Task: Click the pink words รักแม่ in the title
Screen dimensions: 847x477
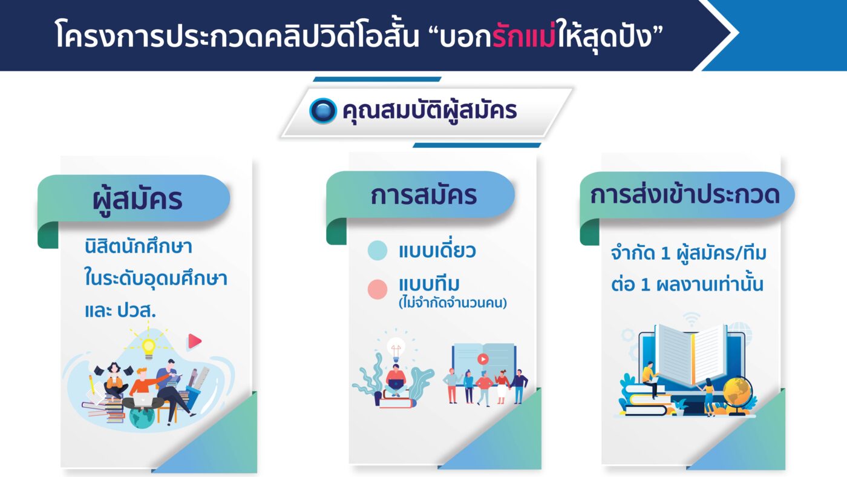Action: tap(524, 36)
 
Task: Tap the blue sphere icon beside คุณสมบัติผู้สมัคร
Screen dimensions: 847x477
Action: tap(322, 111)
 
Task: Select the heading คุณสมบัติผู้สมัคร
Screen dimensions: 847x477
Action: tap(430, 111)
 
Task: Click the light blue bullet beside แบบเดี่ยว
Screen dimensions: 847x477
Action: tap(378, 251)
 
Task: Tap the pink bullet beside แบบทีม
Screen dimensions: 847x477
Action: tap(378, 289)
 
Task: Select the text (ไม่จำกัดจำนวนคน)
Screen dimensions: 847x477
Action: tap(453, 303)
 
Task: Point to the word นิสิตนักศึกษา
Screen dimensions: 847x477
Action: tap(139, 246)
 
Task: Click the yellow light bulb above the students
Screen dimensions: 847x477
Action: tap(148, 347)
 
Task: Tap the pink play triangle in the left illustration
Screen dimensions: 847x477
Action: tap(194, 341)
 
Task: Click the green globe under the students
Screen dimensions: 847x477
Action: tap(142, 416)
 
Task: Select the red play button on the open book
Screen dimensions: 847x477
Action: tap(483, 358)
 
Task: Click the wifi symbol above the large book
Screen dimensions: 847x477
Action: tap(692, 319)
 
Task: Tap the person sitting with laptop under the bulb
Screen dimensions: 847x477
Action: tap(396, 380)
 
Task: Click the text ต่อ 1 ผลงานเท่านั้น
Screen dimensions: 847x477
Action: tap(687, 285)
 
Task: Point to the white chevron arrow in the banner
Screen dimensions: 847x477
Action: tap(716, 35)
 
